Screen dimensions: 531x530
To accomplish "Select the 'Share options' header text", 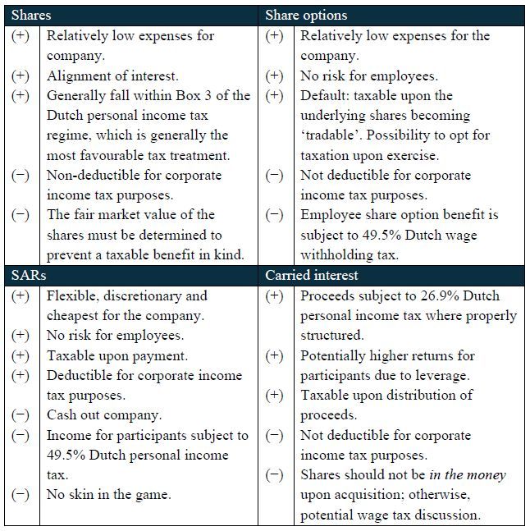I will coord(306,16).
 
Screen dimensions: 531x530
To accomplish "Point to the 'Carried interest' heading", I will coord(312,276).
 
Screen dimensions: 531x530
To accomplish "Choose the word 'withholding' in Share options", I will coord(336,254).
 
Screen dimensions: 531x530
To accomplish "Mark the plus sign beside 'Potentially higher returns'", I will coord(275,355).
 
